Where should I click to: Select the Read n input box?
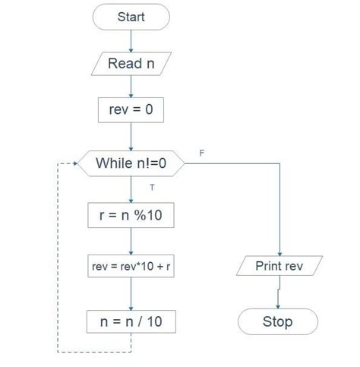(x=131, y=63)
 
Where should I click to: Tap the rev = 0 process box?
(x=131, y=110)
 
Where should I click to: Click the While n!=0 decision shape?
(x=131, y=162)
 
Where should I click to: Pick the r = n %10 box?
(x=131, y=216)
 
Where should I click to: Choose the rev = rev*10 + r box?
(x=131, y=267)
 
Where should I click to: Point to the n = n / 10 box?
(x=131, y=321)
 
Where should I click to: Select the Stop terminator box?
(x=278, y=321)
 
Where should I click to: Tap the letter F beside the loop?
(x=202, y=153)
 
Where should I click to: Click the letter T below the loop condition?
(x=152, y=187)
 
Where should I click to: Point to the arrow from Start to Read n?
(x=131, y=40)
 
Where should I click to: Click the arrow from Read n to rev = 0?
(x=131, y=86)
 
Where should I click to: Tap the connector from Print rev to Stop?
(x=279, y=293)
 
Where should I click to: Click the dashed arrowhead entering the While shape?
(x=77, y=163)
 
